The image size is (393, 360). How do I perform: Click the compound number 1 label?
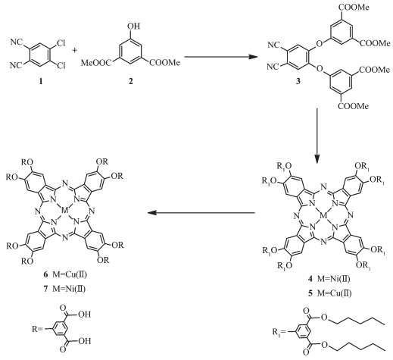click(x=41, y=82)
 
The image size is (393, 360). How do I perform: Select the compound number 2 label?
click(x=130, y=81)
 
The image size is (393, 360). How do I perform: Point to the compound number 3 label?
click(x=298, y=82)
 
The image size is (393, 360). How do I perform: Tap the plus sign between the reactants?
click(x=74, y=51)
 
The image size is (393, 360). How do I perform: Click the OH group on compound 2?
click(x=134, y=26)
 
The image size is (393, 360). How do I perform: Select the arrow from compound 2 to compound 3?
click(x=221, y=57)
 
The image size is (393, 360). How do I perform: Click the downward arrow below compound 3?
click(x=317, y=136)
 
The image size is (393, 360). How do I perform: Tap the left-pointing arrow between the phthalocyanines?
click(x=201, y=213)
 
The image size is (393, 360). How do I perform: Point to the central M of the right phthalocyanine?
click(x=323, y=215)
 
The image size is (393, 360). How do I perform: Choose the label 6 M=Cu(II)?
click(x=65, y=274)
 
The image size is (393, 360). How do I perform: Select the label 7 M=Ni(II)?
click(x=64, y=289)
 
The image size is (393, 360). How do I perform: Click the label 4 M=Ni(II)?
click(x=329, y=279)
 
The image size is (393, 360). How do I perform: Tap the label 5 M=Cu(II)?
click(x=329, y=293)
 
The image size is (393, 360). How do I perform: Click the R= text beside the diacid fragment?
click(x=38, y=329)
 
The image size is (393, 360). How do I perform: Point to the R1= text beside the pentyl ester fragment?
click(x=279, y=331)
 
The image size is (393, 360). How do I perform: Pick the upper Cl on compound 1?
click(x=61, y=44)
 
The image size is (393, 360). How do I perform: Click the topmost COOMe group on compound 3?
click(x=353, y=7)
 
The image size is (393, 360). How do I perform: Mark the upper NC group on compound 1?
click(x=17, y=42)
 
